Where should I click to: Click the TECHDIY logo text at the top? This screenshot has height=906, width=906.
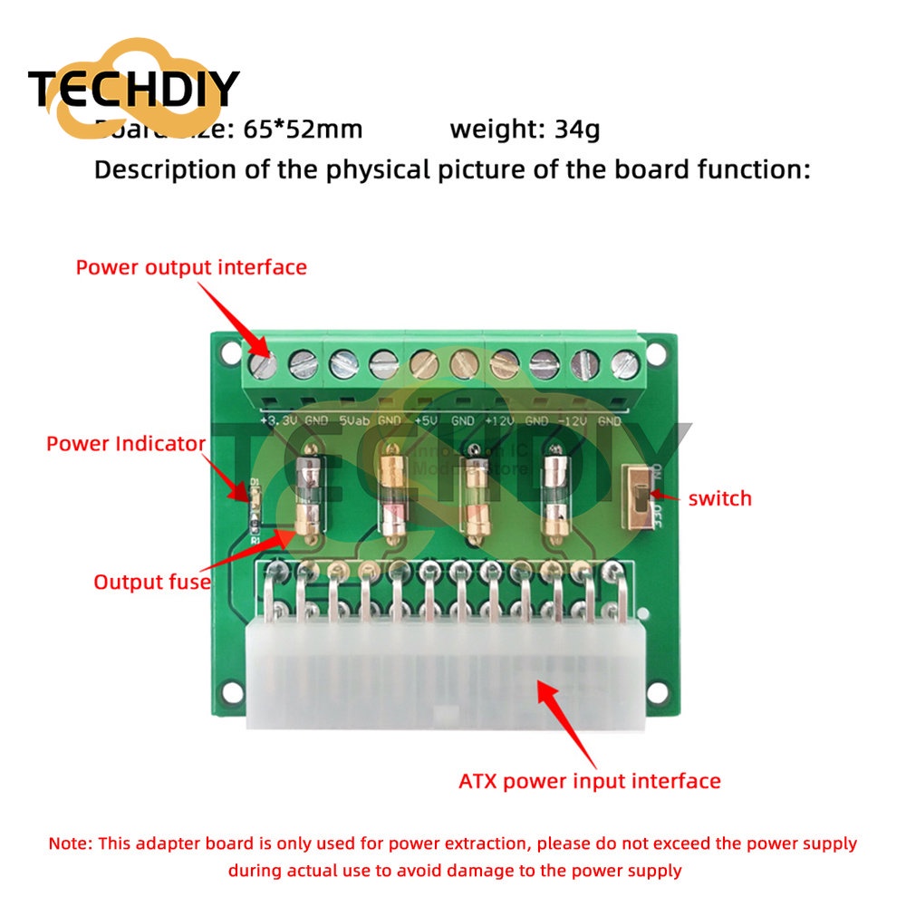click(133, 89)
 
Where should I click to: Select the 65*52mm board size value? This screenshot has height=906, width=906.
click(303, 130)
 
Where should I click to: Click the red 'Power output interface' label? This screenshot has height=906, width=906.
click(191, 267)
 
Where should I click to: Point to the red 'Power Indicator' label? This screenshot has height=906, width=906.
click(126, 444)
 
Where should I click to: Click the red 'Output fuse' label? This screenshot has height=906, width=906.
click(152, 582)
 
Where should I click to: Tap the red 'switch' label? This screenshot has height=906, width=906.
click(719, 498)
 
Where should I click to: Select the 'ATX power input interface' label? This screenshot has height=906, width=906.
click(590, 781)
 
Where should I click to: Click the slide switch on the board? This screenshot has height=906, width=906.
click(639, 499)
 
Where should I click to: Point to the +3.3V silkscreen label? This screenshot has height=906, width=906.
click(276, 421)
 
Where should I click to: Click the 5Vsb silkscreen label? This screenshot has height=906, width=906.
click(354, 421)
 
